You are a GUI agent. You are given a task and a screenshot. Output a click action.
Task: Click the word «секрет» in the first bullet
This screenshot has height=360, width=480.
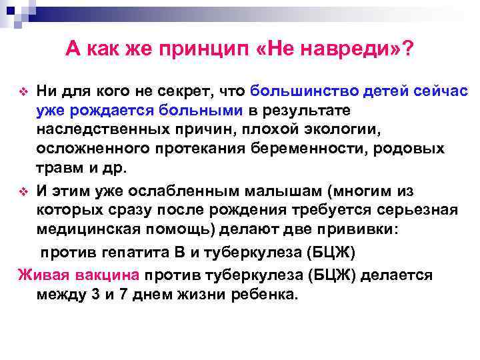click(x=201, y=91)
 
